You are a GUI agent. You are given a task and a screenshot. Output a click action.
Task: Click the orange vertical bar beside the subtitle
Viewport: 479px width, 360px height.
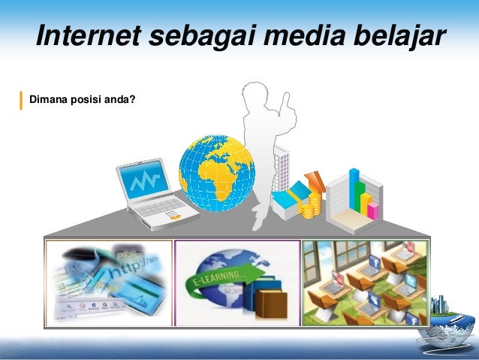(x=21, y=99)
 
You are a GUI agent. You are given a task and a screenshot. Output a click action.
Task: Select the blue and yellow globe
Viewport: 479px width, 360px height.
(x=216, y=173)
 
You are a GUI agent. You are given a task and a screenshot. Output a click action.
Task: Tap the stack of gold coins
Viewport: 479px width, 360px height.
(x=309, y=205)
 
